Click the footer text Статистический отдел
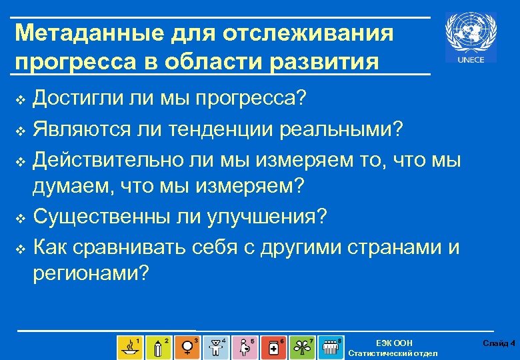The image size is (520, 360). pyautogui.click(x=393, y=353)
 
